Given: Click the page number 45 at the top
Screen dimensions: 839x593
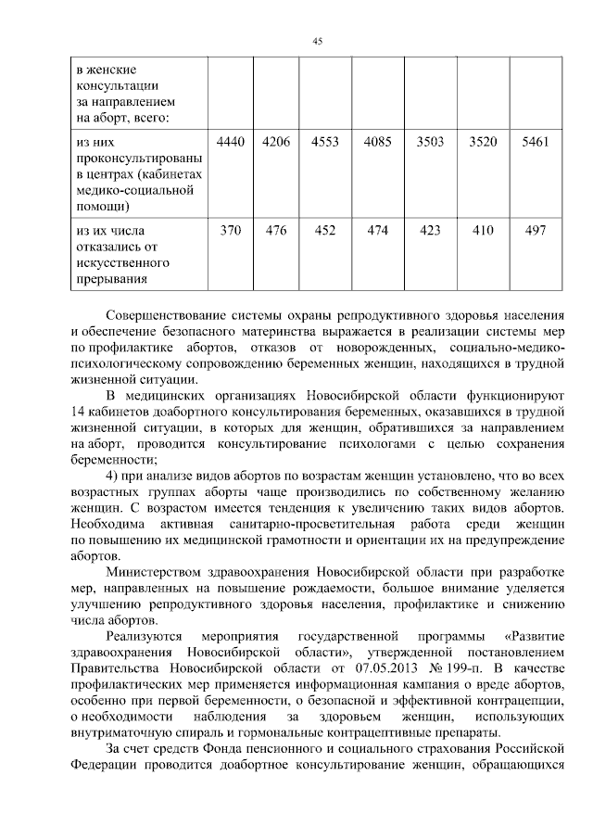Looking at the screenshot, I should click(x=317, y=41).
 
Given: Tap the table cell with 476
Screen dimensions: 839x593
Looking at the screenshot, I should click(x=277, y=231).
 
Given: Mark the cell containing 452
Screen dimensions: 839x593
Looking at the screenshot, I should click(x=326, y=231).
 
